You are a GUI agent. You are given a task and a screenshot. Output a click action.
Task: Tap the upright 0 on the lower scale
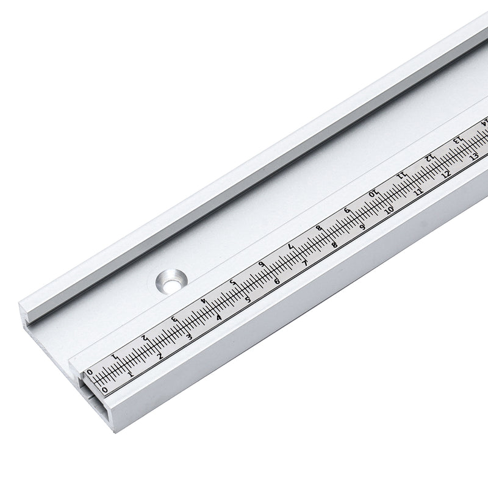(104, 389)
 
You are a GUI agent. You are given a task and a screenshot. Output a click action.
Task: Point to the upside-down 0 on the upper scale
(90, 372)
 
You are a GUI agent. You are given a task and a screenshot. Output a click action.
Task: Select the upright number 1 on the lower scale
(131, 372)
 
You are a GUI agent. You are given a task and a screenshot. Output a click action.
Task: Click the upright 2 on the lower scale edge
(160, 356)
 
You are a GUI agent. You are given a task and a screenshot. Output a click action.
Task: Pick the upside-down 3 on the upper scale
(174, 319)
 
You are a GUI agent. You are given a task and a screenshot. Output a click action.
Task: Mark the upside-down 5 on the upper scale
(232, 282)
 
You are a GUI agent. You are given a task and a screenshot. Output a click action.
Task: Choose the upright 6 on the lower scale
(278, 280)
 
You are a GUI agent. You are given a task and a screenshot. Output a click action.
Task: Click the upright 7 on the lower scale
(305, 263)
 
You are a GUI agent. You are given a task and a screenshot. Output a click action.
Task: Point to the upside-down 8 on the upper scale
(318, 229)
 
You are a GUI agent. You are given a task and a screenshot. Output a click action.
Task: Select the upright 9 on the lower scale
(362, 228)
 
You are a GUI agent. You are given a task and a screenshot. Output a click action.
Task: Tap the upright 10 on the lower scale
(389, 210)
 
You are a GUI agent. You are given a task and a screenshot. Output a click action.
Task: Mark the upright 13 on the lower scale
(474, 156)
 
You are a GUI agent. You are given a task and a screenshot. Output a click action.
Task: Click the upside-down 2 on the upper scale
(145, 337)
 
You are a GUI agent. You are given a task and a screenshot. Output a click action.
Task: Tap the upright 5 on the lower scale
(248, 299)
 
